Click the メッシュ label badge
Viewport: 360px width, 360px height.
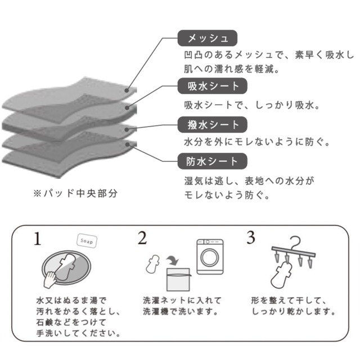207,38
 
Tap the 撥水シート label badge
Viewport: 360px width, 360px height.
208,124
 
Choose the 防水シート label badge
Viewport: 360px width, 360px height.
208,161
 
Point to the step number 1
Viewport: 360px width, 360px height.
37,238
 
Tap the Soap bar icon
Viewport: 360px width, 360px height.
86,241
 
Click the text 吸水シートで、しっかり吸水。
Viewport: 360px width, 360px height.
251,105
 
